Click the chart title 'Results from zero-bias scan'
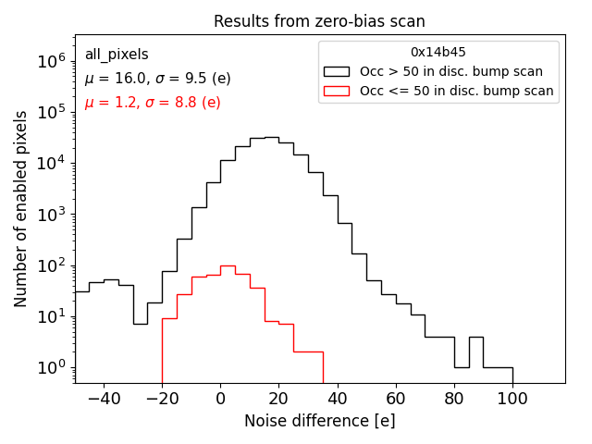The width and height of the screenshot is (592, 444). click(x=319, y=21)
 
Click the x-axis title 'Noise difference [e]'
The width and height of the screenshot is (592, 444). click(x=319, y=421)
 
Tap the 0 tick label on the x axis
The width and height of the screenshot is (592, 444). click(x=220, y=399)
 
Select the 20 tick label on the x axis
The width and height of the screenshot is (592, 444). click(x=278, y=399)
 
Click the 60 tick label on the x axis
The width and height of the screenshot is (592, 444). click(x=396, y=399)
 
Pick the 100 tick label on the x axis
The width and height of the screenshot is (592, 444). click(x=512, y=399)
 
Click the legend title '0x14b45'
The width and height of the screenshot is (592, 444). click(x=438, y=53)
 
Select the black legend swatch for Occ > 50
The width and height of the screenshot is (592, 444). click(x=338, y=71)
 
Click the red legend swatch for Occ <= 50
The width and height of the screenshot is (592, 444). click(x=338, y=91)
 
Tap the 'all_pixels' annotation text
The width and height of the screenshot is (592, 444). click(x=117, y=55)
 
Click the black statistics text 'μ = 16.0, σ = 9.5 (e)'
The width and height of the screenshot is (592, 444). click(x=151, y=79)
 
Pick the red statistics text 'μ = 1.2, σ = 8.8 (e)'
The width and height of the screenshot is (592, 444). click(x=153, y=103)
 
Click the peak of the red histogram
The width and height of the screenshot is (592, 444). click(x=228, y=265)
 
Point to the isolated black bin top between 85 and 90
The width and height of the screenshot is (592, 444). click(x=475, y=337)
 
